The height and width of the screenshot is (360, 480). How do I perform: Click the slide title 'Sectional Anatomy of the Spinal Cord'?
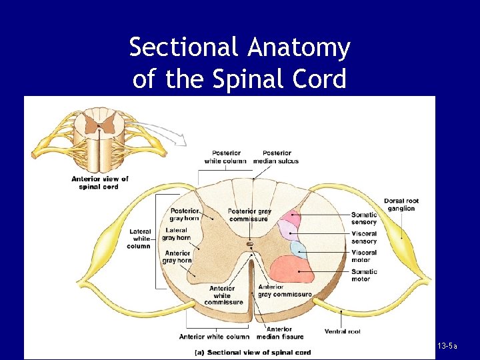[x=239, y=63]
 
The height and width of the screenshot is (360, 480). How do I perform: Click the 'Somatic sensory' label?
[x=364, y=218]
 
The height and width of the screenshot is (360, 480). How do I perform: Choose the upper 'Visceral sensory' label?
[x=364, y=237]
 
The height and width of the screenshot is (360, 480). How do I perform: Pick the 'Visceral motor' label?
[x=364, y=256]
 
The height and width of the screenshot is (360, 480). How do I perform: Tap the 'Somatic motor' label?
[x=364, y=275]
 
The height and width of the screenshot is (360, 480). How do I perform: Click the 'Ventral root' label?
[x=343, y=331]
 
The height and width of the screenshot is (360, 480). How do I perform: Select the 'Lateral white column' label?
[x=139, y=239]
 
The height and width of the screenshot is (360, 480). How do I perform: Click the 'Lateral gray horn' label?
[x=176, y=234]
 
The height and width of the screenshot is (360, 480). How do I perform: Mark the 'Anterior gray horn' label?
[x=177, y=257]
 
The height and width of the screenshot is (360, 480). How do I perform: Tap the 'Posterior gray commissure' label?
[x=249, y=215]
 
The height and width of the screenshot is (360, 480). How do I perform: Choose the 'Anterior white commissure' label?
[x=223, y=295]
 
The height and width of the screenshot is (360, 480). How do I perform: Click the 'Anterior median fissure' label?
[x=279, y=333]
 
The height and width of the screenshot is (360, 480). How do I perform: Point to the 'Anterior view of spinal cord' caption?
[x=100, y=183]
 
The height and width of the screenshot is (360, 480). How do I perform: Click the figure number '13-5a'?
[x=447, y=347]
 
